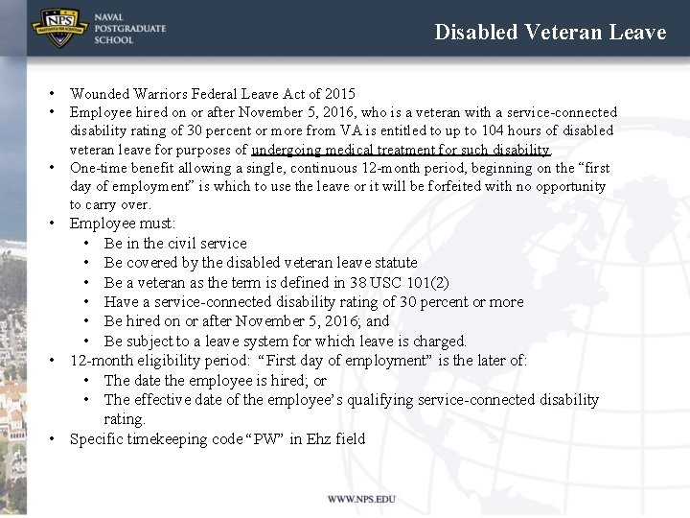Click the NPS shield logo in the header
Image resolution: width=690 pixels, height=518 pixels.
pyautogui.click(x=59, y=28)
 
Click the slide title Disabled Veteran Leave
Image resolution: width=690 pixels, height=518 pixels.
pyautogui.click(x=550, y=32)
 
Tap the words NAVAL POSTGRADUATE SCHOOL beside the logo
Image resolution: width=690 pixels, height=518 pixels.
pyautogui.click(x=129, y=29)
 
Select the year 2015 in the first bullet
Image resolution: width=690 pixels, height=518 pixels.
pyautogui.click(x=340, y=94)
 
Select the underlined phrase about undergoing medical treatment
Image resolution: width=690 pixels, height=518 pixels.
pyautogui.click(x=401, y=150)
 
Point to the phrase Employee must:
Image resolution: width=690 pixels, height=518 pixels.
pyautogui.click(x=123, y=224)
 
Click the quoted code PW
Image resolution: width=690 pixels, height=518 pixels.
pyautogui.click(x=264, y=439)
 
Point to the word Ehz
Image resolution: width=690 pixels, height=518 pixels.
pyautogui.click(x=318, y=439)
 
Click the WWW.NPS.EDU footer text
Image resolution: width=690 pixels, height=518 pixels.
pyautogui.click(x=360, y=500)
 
